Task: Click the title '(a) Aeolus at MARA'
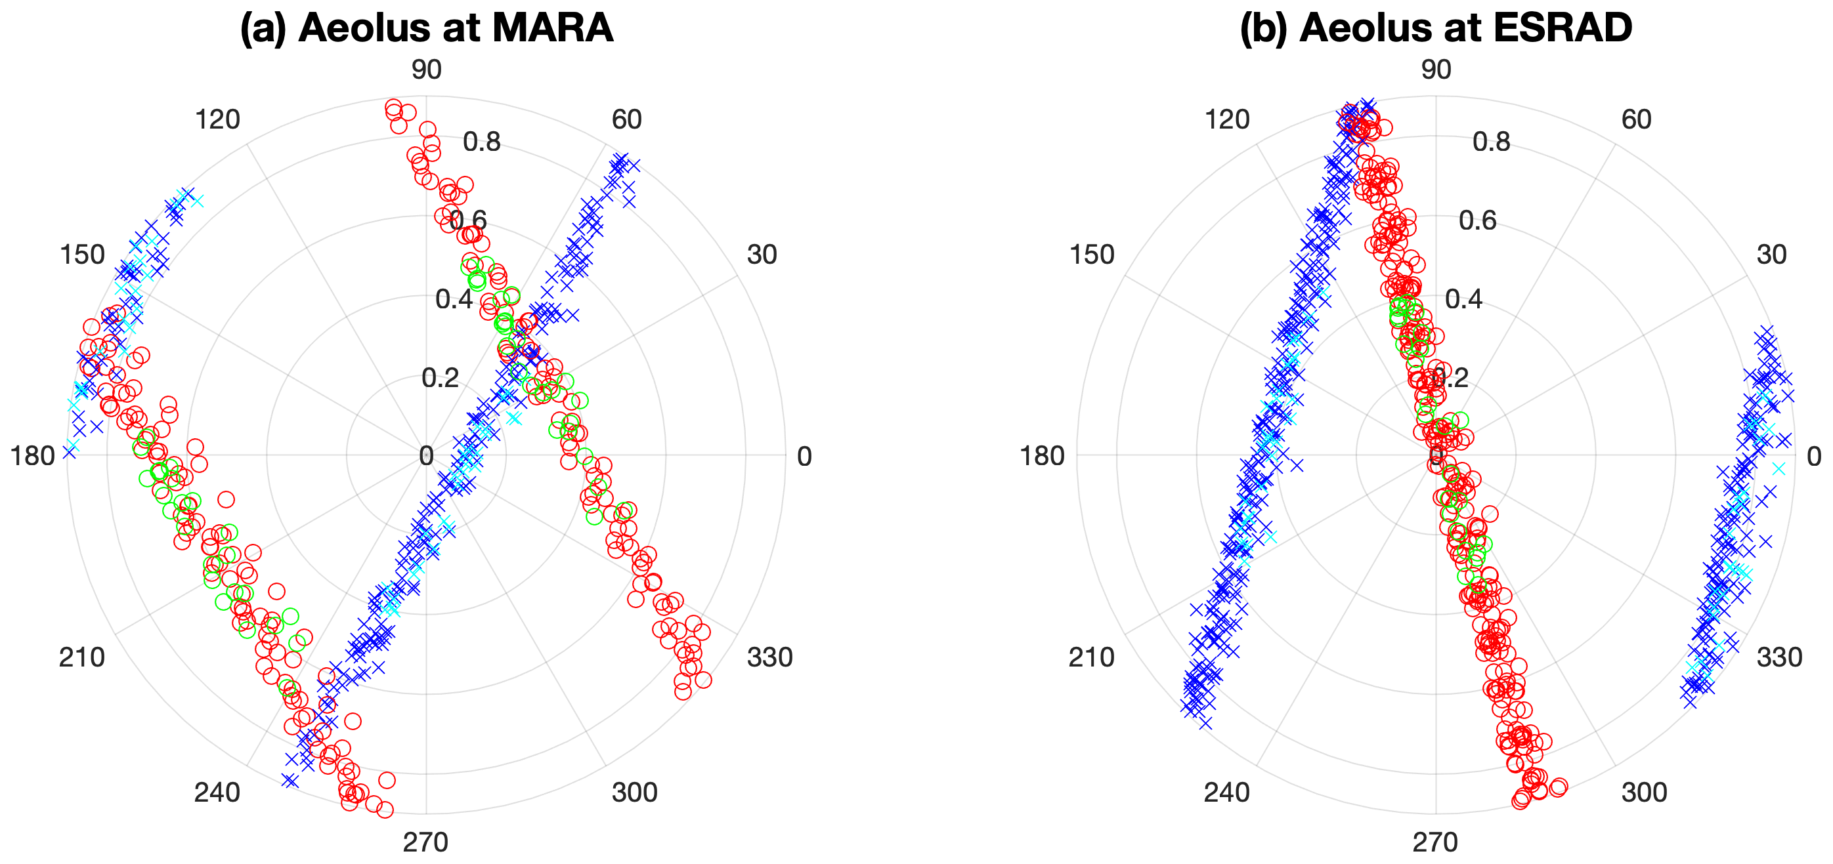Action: (426, 28)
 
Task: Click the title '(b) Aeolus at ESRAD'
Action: (1435, 28)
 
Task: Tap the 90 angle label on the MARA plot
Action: (426, 70)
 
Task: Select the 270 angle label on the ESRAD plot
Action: (1435, 842)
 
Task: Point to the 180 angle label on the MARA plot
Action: (33, 456)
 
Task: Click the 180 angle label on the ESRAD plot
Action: (1043, 456)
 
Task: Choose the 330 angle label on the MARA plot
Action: (769, 658)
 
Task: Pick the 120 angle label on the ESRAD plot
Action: (1227, 119)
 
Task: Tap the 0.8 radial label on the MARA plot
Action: (482, 142)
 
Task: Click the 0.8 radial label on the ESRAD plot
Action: (1492, 142)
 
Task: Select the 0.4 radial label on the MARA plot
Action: (454, 299)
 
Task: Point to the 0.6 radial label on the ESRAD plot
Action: (1478, 220)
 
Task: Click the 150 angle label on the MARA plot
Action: (83, 255)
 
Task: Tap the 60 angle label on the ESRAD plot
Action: (1637, 119)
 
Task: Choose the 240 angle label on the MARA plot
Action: (217, 792)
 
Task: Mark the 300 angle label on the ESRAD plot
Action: (1645, 792)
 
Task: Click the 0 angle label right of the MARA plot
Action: (804, 457)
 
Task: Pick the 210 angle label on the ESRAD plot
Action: (1092, 658)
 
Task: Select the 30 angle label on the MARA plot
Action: (762, 255)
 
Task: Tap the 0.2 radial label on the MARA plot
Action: (440, 378)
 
